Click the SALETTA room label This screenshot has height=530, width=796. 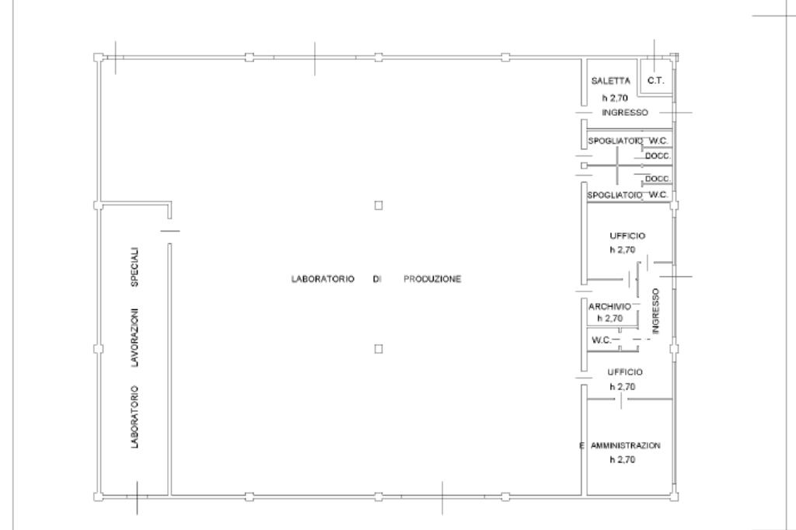coord(611,81)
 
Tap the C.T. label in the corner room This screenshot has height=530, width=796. coord(656,80)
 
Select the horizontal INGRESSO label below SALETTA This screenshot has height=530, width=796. coord(625,113)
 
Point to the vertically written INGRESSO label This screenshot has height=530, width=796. coord(655,311)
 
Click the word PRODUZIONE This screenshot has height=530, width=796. coord(432,279)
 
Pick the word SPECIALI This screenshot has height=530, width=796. coord(134,267)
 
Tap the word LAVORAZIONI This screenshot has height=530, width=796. coord(134,337)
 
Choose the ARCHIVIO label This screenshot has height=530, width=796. coord(609,307)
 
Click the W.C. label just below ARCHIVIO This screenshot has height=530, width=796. coord(602,340)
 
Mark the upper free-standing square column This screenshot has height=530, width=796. coord(379,205)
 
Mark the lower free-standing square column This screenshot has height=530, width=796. coord(379,349)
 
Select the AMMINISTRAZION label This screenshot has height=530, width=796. coord(626,445)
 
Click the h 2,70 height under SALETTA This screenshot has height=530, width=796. coord(615,98)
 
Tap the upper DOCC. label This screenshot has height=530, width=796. coord(658,156)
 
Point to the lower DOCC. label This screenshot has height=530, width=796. coord(658,179)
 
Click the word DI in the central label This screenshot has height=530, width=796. coord(377,279)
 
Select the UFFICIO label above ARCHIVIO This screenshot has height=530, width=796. coord(627,235)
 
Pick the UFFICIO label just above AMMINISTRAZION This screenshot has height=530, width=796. coord(625,372)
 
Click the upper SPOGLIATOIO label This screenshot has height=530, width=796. coord(616,141)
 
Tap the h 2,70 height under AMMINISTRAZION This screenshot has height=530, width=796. coord(623,459)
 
